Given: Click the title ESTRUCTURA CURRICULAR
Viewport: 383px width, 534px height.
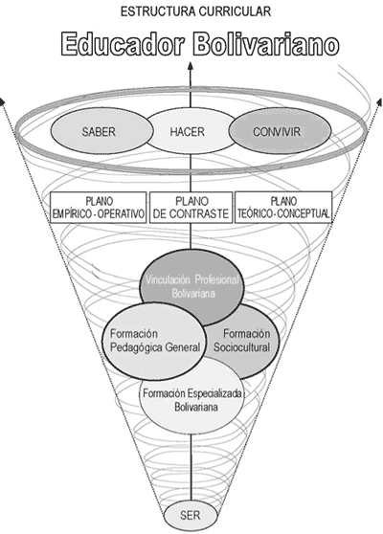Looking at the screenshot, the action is pyautogui.click(x=195, y=11).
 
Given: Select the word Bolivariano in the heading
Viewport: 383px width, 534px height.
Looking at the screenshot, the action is pyautogui.click(x=267, y=44).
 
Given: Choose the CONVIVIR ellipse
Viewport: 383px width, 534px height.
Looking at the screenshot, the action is pyautogui.click(x=280, y=131).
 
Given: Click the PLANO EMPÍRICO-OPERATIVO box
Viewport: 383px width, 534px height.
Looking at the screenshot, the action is pyautogui.click(x=98, y=208).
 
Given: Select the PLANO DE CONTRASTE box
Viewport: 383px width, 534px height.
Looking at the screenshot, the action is pyautogui.click(x=191, y=208).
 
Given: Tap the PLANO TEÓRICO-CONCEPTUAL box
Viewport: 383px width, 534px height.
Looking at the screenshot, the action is pyautogui.click(x=283, y=208).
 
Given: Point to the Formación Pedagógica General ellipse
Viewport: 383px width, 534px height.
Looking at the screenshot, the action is pyautogui.click(x=154, y=341).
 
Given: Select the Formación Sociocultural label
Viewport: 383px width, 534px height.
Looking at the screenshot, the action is pyautogui.click(x=242, y=341).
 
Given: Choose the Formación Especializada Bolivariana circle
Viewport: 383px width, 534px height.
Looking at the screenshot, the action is pyautogui.click(x=192, y=395).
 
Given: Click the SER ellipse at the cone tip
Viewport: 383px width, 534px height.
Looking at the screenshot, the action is pyautogui.click(x=191, y=515).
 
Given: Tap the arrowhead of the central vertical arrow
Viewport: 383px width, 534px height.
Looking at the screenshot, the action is pyautogui.click(x=191, y=65).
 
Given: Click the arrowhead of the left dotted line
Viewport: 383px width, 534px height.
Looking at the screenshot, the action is pyautogui.click(x=2, y=101).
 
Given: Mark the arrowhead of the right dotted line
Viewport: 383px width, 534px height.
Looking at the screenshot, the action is pyautogui.click(x=379, y=101).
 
